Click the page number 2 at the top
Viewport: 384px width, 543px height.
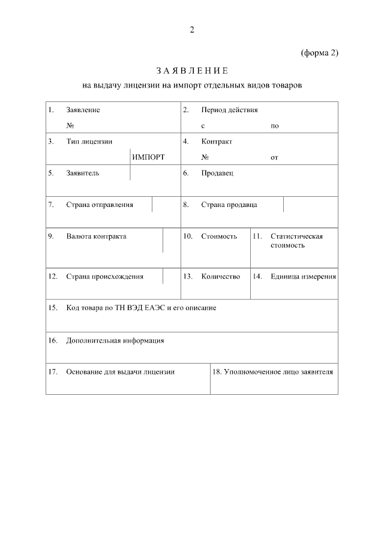click(192, 30)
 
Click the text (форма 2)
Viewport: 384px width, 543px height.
click(320, 53)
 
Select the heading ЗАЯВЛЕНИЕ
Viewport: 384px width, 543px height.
click(192, 71)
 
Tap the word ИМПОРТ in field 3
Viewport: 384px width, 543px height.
click(148, 157)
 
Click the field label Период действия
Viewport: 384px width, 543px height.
click(230, 110)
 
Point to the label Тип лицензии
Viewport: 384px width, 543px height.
click(89, 142)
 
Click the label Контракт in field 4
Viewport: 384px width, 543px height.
click(217, 142)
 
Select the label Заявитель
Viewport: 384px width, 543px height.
click(83, 173)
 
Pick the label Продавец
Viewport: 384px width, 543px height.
click(217, 173)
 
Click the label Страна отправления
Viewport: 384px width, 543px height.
click(100, 205)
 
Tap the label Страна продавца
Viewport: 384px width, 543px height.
click(229, 205)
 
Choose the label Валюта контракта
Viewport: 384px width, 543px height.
click(96, 236)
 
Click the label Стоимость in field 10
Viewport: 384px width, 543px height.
click(219, 236)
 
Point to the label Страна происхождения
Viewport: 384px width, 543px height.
click(104, 277)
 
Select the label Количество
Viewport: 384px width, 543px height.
click(220, 277)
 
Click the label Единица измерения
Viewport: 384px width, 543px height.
click(303, 277)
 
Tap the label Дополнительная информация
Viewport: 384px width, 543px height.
click(115, 341)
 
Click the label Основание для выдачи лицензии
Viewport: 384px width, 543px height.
click(120, 372)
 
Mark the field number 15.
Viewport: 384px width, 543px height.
click(52, 308)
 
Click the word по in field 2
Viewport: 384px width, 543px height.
click(275, 126)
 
